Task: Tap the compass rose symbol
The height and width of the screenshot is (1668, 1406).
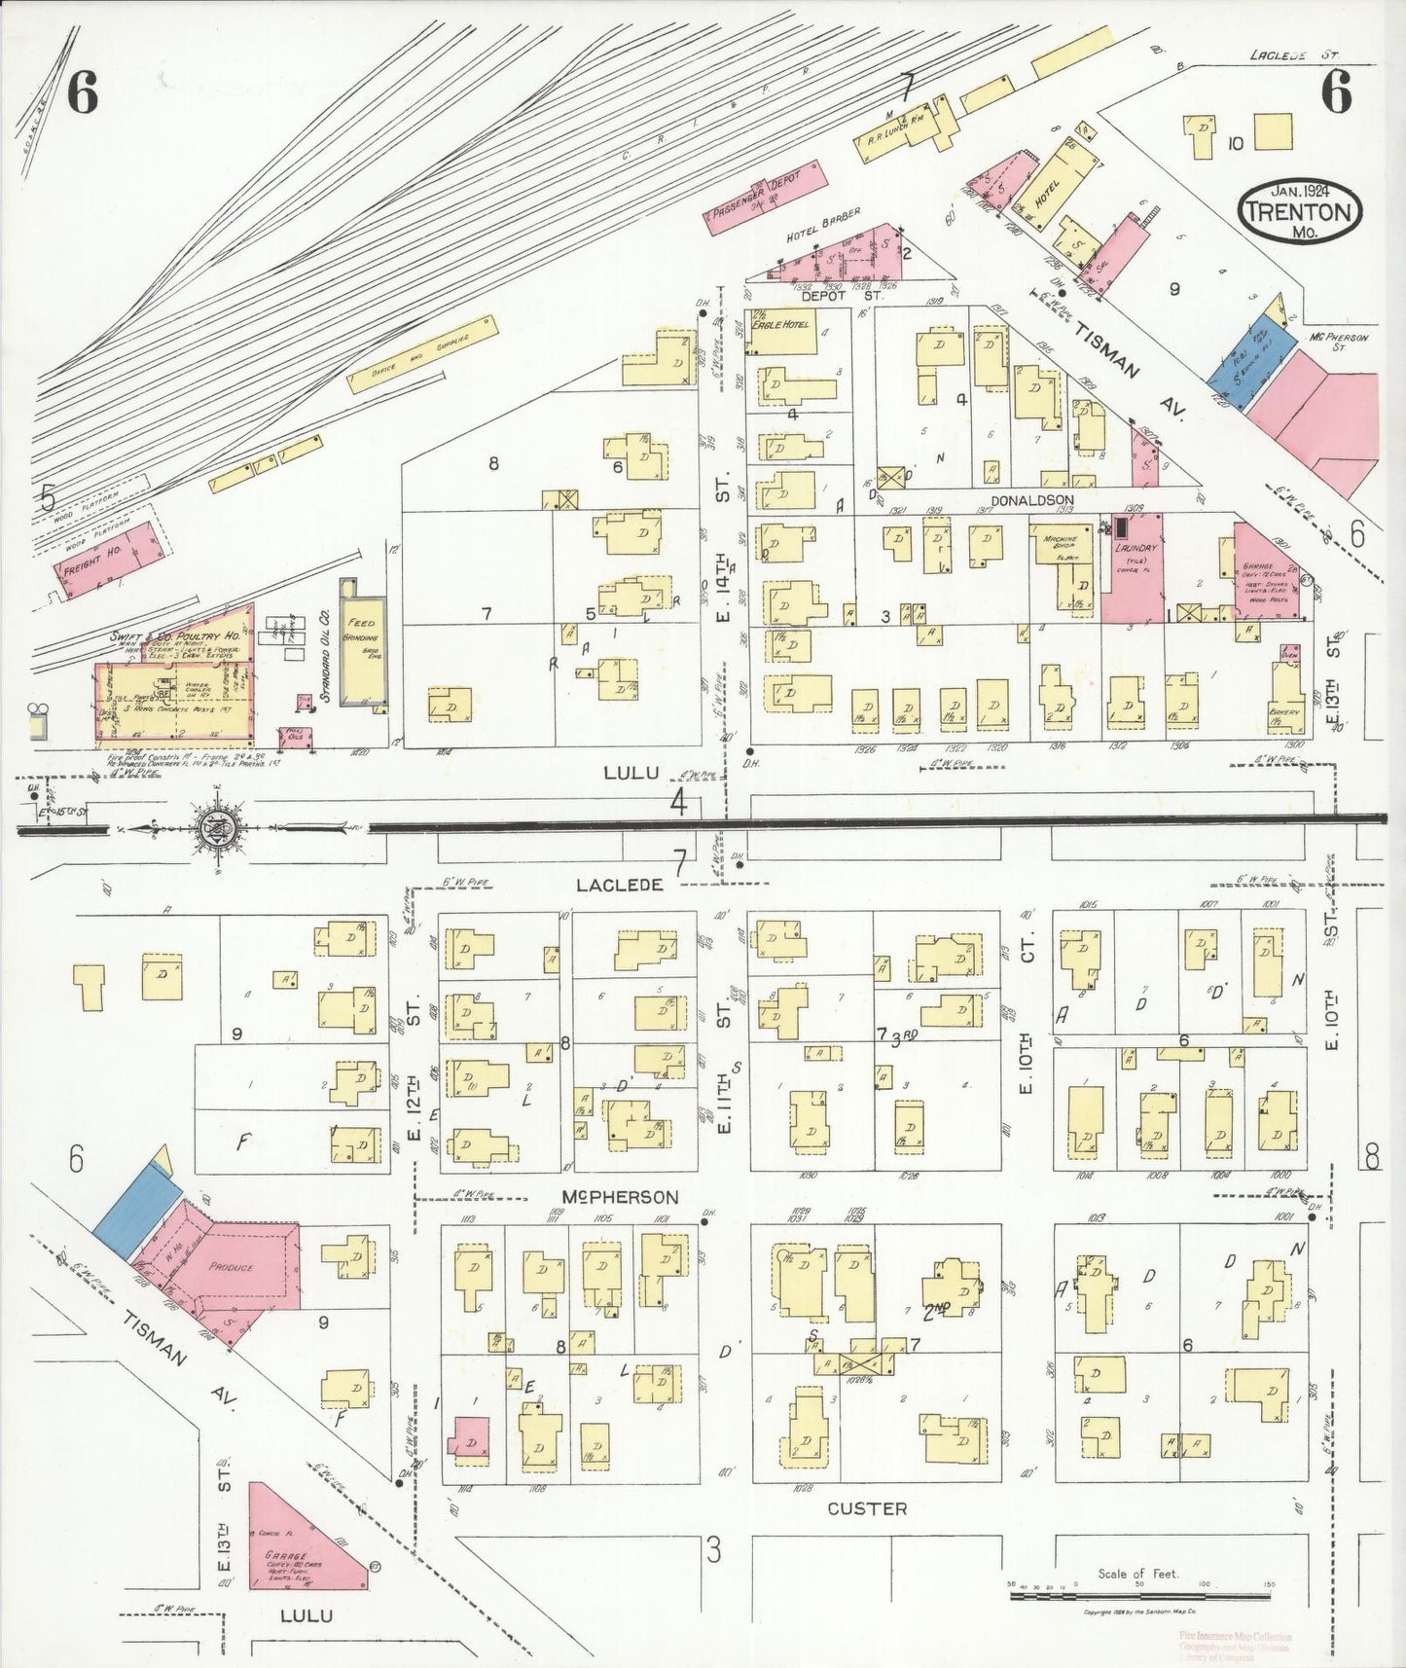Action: coord(213,829)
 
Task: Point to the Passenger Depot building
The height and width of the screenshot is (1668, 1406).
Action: coord(766,195)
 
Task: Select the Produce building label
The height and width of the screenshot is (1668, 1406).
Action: coord(231,1268)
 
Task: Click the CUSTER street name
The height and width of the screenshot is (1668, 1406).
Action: coord(867,1509)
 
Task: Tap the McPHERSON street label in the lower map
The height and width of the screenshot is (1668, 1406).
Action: coord(620,1197)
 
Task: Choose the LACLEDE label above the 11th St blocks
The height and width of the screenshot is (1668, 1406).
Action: coord(619,885)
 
